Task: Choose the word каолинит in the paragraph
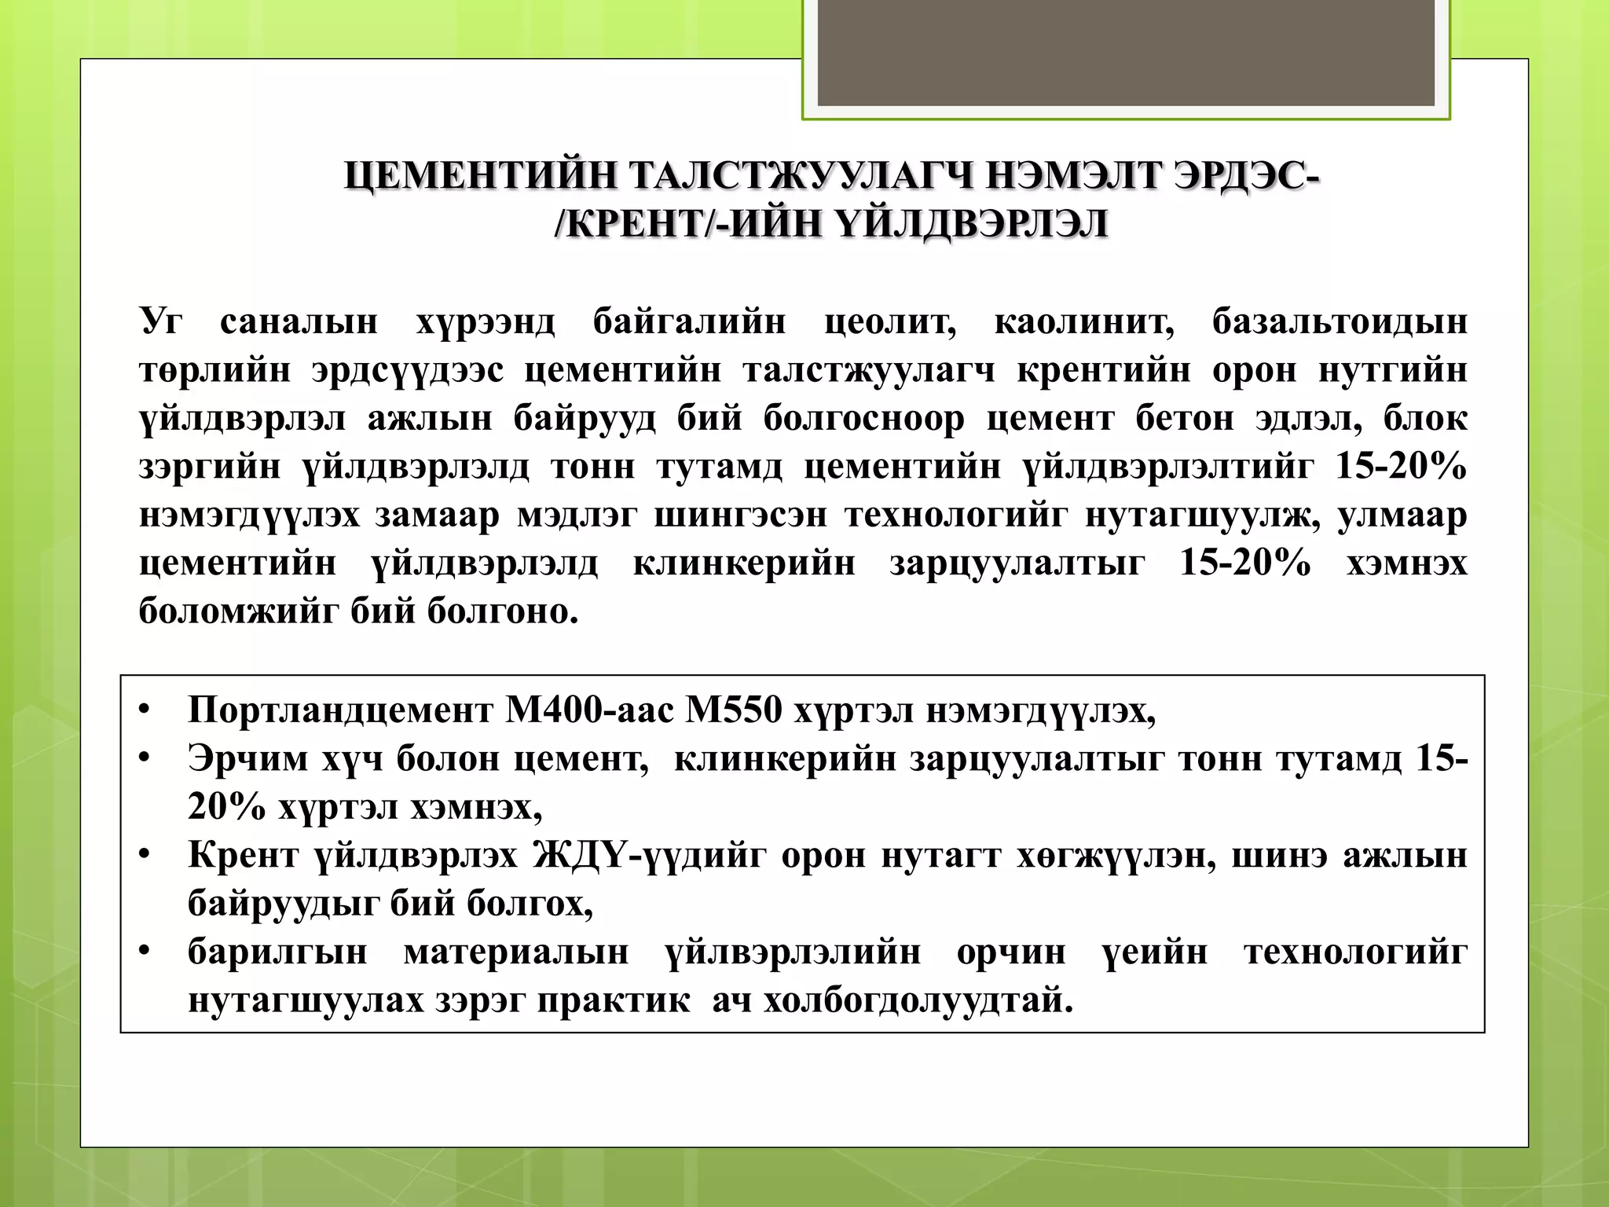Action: pos(1084,322)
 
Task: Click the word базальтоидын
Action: pos(1340,322)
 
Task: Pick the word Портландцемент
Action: pos(340,710)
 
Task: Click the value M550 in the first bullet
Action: pos(734,710)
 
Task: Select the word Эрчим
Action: pos(247,759)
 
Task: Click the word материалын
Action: pos(516,952)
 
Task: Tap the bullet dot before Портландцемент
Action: pos(144,710)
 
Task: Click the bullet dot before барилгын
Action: pos(144,952)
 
